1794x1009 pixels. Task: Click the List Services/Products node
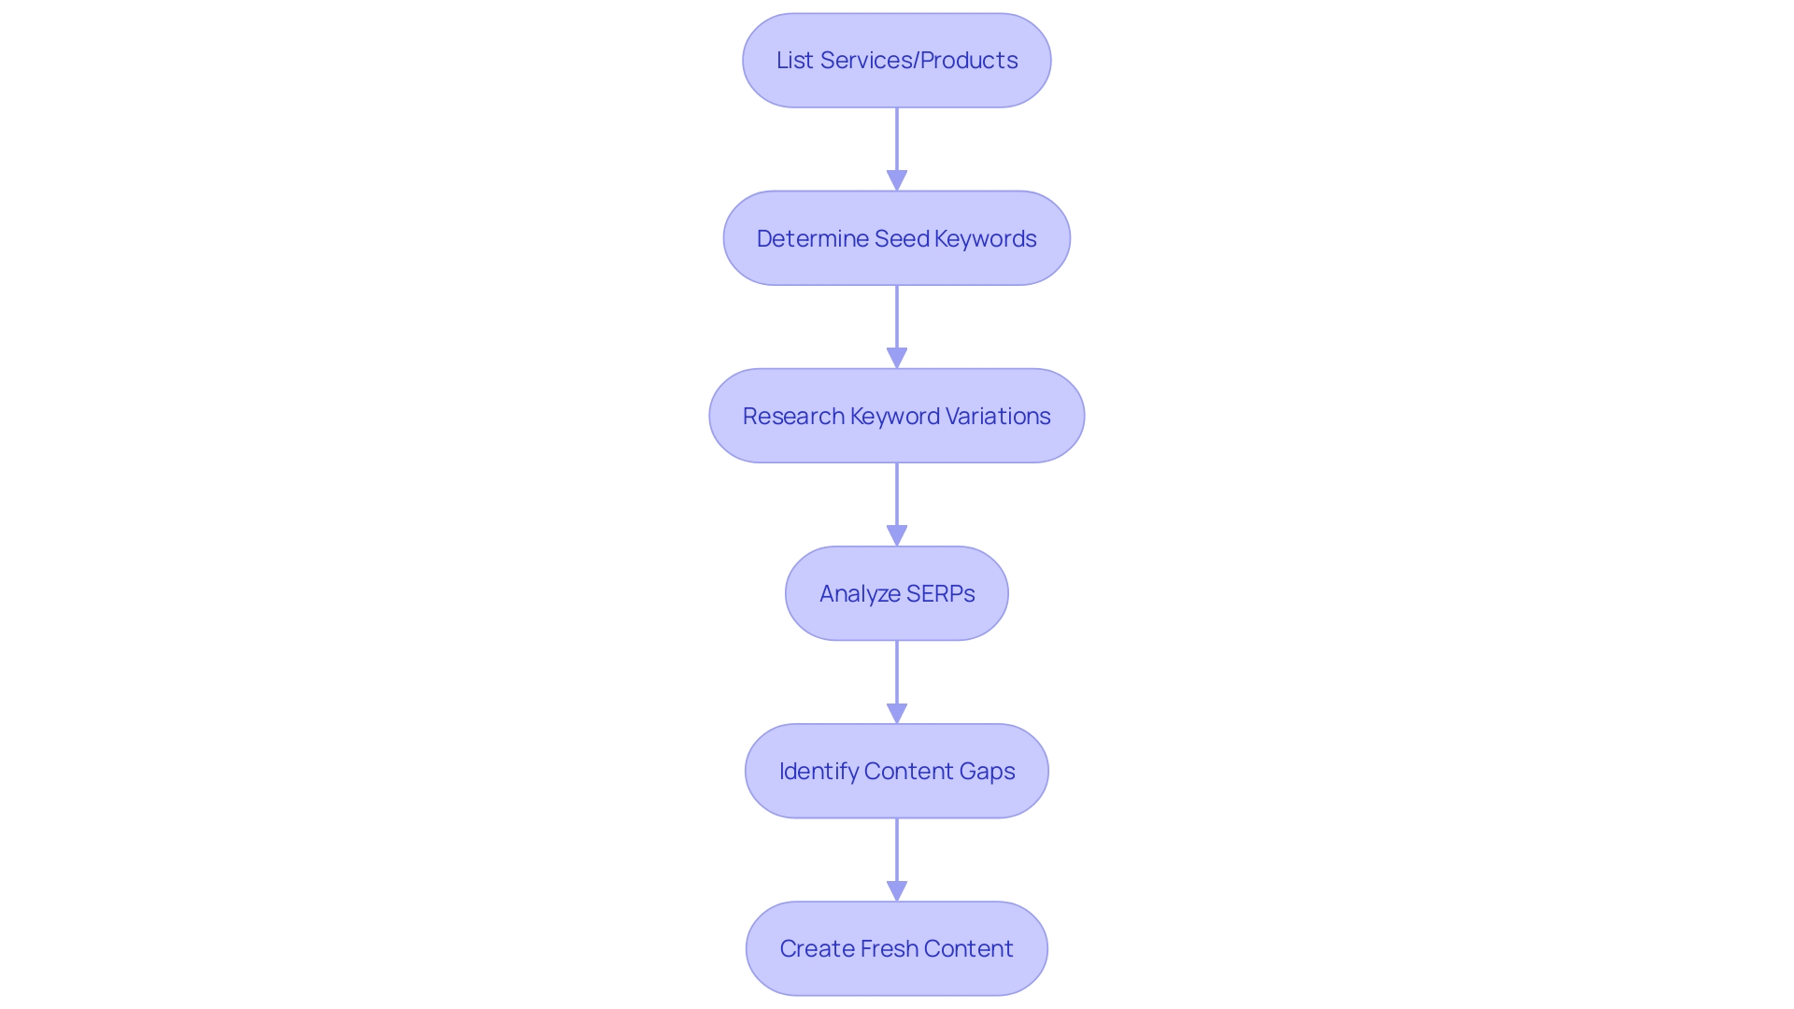click(896, 61)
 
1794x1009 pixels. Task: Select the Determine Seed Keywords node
click(896, 238)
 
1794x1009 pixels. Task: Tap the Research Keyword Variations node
click(896, 416)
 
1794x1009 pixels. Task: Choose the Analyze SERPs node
click(896, 593)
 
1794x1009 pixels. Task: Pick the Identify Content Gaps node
click(896, 771)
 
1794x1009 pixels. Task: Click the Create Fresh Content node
click(896, 948)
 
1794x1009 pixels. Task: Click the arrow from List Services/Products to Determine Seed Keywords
click(897, 145)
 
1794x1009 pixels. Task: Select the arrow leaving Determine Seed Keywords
click(897, 322)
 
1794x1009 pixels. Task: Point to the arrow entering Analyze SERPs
click(897, 500)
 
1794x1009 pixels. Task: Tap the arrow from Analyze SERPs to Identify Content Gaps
click(897, 677)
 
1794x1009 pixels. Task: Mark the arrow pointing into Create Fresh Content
click(897, 855)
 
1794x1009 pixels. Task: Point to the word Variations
click(997, 417)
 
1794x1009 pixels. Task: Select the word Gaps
click(987, 772)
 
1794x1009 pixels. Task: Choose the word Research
click(793, 417)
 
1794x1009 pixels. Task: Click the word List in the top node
click(794, 61)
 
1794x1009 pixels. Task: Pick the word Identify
click(819, 772)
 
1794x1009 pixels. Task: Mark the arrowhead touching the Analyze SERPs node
click(897, 536)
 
